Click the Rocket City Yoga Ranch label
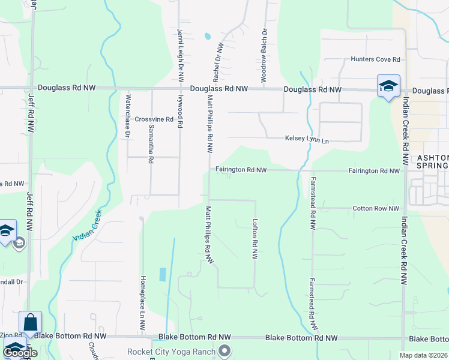click(x=171, y=351)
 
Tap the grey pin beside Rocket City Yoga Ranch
click(x=225, y=350)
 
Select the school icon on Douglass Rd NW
click(x=388, y=86)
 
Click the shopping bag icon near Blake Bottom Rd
click(x=30, y=323)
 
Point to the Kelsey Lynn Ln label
click(x=307, y=140)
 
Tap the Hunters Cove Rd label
click(x=376, y=59)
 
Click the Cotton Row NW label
click(x=376, y=208)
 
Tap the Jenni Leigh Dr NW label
click(x=179, y=55)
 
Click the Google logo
click(x=20, y=353)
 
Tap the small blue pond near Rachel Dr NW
click(x=208, y=36)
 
